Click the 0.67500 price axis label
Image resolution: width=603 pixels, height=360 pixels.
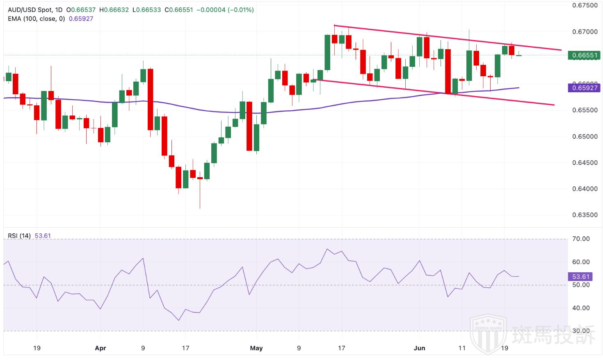[585, 5]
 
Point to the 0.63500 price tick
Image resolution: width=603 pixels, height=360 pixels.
[585, 215]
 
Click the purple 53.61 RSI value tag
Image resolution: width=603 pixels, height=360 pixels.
[580, 276]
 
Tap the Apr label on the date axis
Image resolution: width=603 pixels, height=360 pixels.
[100, 348]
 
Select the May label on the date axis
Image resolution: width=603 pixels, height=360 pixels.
[256, 348]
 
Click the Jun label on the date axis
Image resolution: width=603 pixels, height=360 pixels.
[419, 348]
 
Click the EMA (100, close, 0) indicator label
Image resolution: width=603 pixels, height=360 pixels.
[36, 18]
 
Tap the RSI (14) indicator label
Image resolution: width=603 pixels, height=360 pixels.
[19, 236]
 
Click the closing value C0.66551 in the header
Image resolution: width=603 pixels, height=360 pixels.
[178, 10]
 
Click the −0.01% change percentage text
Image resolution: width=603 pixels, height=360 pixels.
[242, 10]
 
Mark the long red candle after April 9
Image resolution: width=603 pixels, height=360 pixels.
[150, 99]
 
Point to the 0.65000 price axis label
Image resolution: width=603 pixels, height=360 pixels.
[585, 136]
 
